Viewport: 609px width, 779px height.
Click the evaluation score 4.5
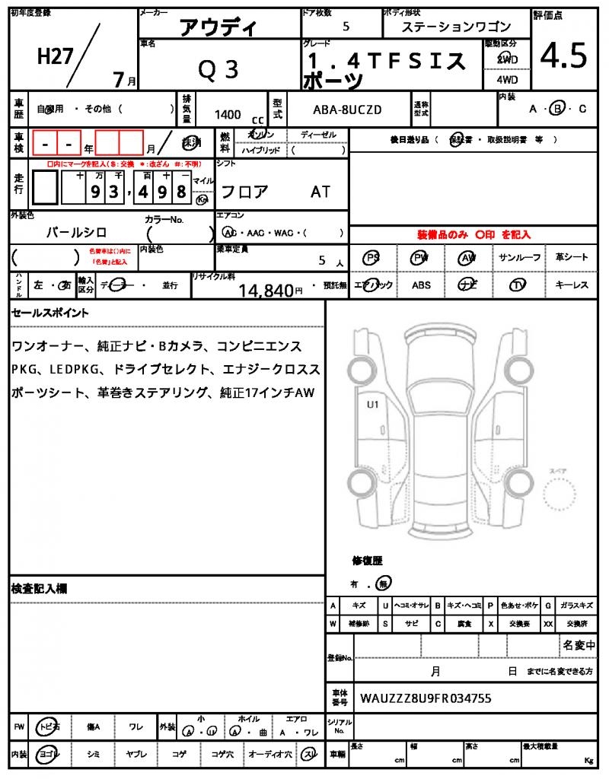point(564,56)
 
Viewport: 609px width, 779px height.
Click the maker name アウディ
point(218,28)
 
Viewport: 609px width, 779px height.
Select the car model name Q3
point(218,69)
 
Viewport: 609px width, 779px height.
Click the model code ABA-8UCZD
point(347,110)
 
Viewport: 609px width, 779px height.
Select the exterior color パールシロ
point(76,232)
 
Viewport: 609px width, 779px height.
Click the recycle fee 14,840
point(266,290)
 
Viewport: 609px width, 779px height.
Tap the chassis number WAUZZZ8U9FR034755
point(426,698)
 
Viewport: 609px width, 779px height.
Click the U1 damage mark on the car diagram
point(373,405)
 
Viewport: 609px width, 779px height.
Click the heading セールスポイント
point(50,313)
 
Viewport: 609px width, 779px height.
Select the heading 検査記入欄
point(40,588)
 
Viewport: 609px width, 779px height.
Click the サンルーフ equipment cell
point(520,258)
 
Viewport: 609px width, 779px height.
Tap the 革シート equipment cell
point(572,258)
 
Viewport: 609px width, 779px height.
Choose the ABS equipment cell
point(421,285)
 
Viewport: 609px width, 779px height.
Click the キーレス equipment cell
point(572,285)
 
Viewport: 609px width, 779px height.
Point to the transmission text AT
point(320,192)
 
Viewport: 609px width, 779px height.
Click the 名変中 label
point(579,646)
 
